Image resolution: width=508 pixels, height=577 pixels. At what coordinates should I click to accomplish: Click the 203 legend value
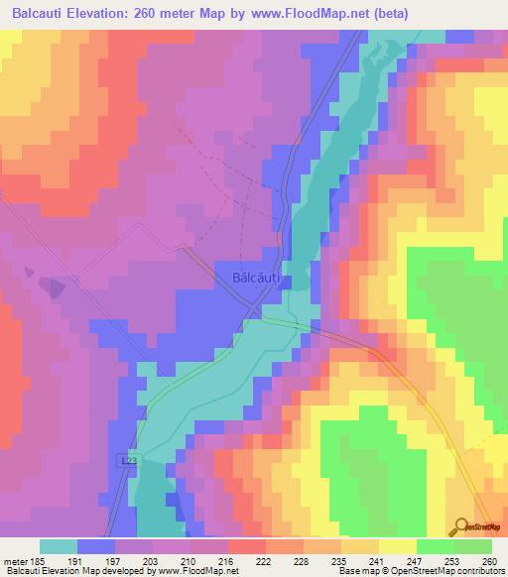[153, 559]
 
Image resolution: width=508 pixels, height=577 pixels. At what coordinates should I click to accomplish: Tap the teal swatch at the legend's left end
[58, 546]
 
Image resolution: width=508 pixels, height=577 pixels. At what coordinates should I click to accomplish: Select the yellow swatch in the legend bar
[398, 546]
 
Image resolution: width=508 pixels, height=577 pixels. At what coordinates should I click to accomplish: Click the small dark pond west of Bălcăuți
[51, 285]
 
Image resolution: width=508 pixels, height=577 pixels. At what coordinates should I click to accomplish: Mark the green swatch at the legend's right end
[473, 546]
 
